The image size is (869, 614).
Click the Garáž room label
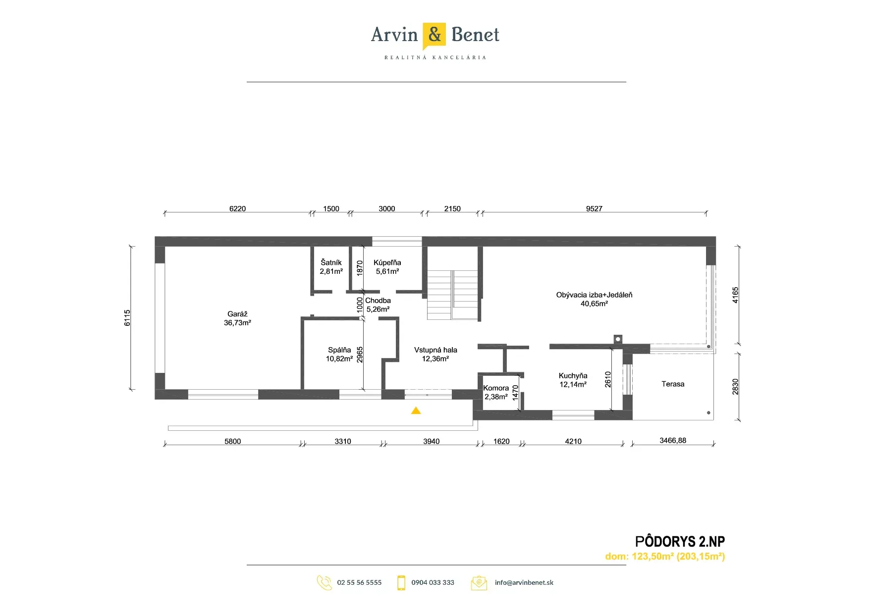[237, 314]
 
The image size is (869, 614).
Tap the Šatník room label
[331, 262]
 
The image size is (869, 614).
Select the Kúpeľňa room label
[387, 262]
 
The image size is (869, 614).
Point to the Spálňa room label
[339, 350]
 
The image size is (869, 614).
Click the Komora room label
[496, 388]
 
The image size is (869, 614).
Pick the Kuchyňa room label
[573, 376]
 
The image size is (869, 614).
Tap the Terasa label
[673, 384]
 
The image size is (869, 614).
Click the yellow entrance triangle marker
[416, 410]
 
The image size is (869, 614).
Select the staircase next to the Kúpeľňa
[452, 295]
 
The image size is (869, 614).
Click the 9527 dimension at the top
[594, 208]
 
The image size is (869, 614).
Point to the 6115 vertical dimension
[127, 318]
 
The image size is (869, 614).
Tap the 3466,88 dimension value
[673, 440]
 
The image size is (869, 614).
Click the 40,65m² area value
[594, 304]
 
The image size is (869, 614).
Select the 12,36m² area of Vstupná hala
[435, 359]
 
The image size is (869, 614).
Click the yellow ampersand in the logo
[434, 35]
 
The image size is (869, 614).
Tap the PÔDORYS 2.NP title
[680, 541]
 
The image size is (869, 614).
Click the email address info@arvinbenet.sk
[524, 582]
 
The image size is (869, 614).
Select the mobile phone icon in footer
[401, 583]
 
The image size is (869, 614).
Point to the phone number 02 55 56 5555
[359, 582]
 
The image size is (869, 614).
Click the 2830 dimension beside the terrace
[735, 387]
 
